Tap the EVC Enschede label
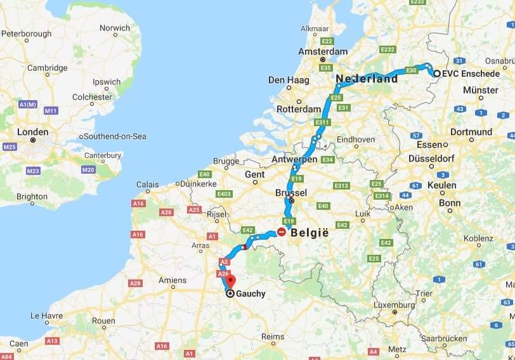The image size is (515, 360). pyautogui.click(x=471, y=74)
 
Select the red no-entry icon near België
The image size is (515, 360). pyautogui.click(x=281, y=232)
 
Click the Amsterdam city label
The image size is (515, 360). pyautogui.click(x=325, y=51)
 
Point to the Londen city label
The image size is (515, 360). pyautogui.click(x=33, y=132)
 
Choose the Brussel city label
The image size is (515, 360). pyautogui.click(x=292, y=192)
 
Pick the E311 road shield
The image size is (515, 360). pyautogui.click(x=323, y=122)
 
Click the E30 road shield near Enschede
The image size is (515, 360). pyautogui.click(x=411, y=70)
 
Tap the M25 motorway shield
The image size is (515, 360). pyautogui.click(x=10, y=147)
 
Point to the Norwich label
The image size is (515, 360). pyautogui.click(x=115, y=28)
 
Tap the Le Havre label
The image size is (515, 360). pyautogui.click(x=44, y=315)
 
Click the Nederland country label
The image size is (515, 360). pyautogui.click(x=367, y=79)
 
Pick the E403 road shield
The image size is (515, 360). pyautogui.click(x=223, y=193)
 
